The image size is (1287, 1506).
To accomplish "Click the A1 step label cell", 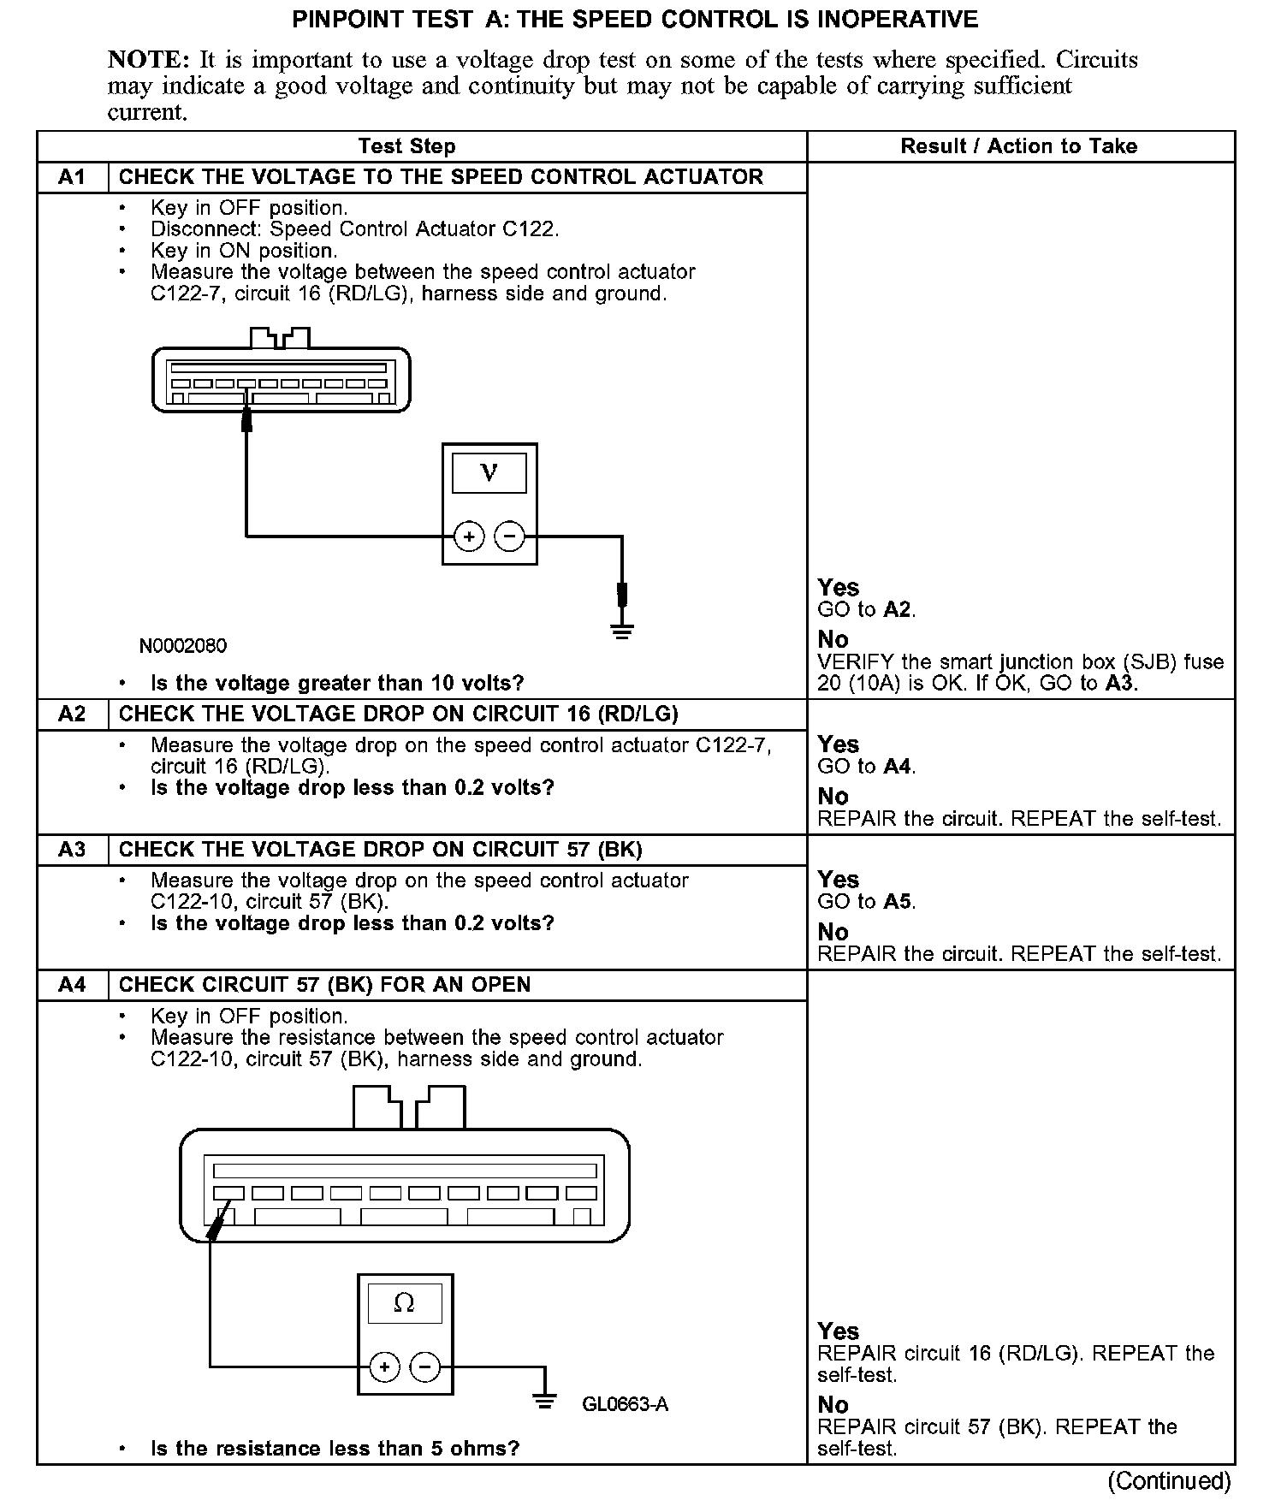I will [x=72, y=177].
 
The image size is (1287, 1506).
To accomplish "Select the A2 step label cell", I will [x=72, y=714].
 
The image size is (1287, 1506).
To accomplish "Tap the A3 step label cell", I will [x=72, y=849].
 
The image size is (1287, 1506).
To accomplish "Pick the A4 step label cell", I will [x=72, y=985].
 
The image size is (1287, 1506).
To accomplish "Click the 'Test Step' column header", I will [x=406, y=146].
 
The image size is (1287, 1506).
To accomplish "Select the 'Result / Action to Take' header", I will [x=1018, y=146].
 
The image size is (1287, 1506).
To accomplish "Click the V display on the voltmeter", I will [x=489, y=472].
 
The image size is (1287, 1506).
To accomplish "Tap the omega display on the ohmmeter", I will [x=404, y=1302].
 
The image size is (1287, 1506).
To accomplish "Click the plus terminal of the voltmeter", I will [x=468, y=537].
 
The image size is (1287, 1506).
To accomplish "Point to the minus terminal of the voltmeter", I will [x=510, y=537].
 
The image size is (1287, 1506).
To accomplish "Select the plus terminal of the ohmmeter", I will [x=384, y=1367].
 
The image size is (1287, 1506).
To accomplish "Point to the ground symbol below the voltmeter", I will [x=622, y=633].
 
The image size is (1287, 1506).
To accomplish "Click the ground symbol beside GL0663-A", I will [x=543, y=1401].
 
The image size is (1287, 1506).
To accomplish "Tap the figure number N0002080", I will [x=183, y=645].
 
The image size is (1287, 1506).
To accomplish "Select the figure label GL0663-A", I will [x=625, y=1404].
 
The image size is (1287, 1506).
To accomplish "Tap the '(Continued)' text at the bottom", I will [x=1169, y=1480].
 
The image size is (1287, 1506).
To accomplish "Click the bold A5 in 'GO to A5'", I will [x=898, y=902].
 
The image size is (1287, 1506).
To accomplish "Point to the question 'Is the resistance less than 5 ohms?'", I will [x=335, y=1449].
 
